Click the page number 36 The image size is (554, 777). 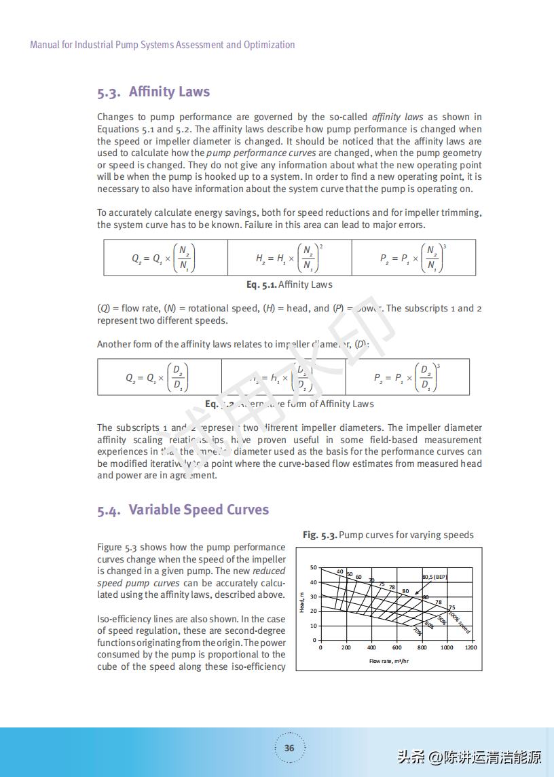[x=289, y=748]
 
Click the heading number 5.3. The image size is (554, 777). [x=109, y=92]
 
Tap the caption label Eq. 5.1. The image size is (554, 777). [x=261, y=284]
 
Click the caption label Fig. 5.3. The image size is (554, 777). [x=320, y=535]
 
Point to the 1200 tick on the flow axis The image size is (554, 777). [x=470, y=647]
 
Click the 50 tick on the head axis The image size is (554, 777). [x=314, y=567]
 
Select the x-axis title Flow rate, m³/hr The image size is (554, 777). [x=389, y=661]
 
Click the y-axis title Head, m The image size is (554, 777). [x=301, y=603]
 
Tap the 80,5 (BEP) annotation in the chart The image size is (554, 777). [x=435, y=577]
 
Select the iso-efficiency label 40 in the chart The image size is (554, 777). [x=339, y=571]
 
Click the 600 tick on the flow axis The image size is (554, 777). [x=397, y=647]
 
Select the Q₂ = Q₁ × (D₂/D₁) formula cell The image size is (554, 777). [x=159, y=377]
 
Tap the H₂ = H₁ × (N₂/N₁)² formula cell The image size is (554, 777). [x=289, y=258]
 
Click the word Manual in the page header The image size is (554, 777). [x=45, y=45]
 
